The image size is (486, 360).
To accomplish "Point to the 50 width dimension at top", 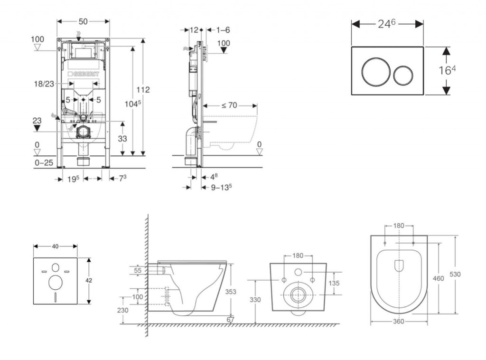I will [83, 22].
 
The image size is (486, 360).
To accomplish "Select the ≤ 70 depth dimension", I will [229, 105].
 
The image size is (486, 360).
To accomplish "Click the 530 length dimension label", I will [455, 274].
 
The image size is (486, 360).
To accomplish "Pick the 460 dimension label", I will [439, 278].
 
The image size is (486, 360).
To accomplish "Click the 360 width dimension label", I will [398, 322].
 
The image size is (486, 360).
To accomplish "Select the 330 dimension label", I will [255, 300].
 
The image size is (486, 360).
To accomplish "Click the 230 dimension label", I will [123, 310].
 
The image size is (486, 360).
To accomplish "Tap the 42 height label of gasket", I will [89, 280].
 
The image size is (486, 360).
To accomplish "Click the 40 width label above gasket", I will [55, 246].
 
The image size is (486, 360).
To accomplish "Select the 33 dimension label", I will [122, 139].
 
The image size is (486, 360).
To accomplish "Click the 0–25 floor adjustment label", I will [44, 163].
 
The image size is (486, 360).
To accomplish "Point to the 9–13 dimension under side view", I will [221, 187].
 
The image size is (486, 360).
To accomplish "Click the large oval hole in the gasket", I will [55, 283].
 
